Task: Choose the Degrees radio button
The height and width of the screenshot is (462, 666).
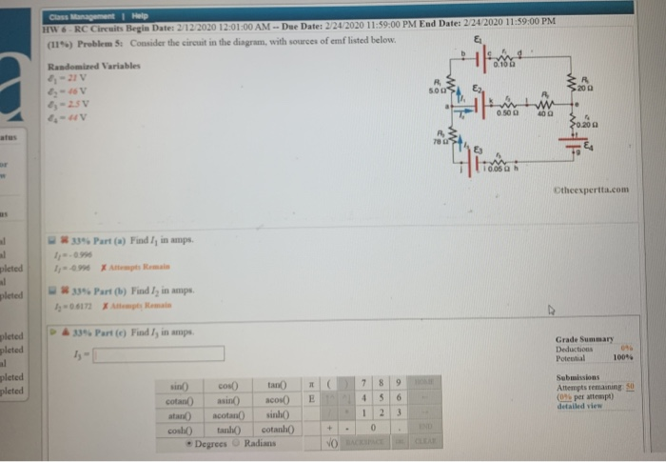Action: click(188, 442)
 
